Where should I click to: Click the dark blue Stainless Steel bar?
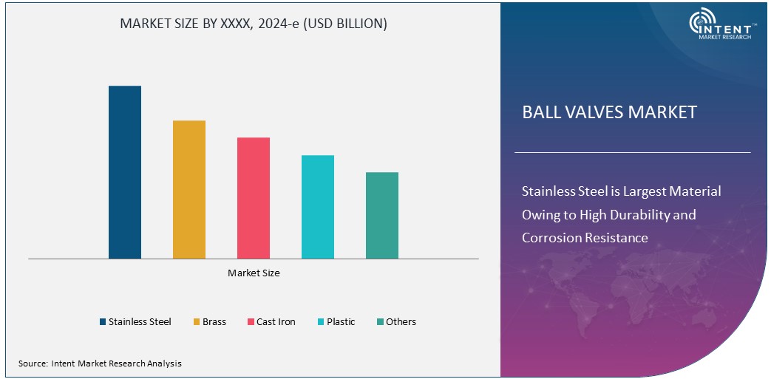point(125,172)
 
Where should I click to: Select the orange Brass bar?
point(189,189)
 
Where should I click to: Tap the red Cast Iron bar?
point(254,198)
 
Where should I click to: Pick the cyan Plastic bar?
point(318,207)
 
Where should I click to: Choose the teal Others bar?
point(382,215)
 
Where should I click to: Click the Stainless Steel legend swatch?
point(103,322)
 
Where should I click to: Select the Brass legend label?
point(214,322)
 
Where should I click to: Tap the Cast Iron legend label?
point(276,322)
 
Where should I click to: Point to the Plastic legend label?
point(341,322)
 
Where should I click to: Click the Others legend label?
point(401,322)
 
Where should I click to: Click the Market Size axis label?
point(254,273)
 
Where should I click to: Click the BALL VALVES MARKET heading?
point(609,112)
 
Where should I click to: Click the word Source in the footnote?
point(33,363)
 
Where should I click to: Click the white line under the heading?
point(632,152)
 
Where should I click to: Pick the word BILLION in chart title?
point(358,24)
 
